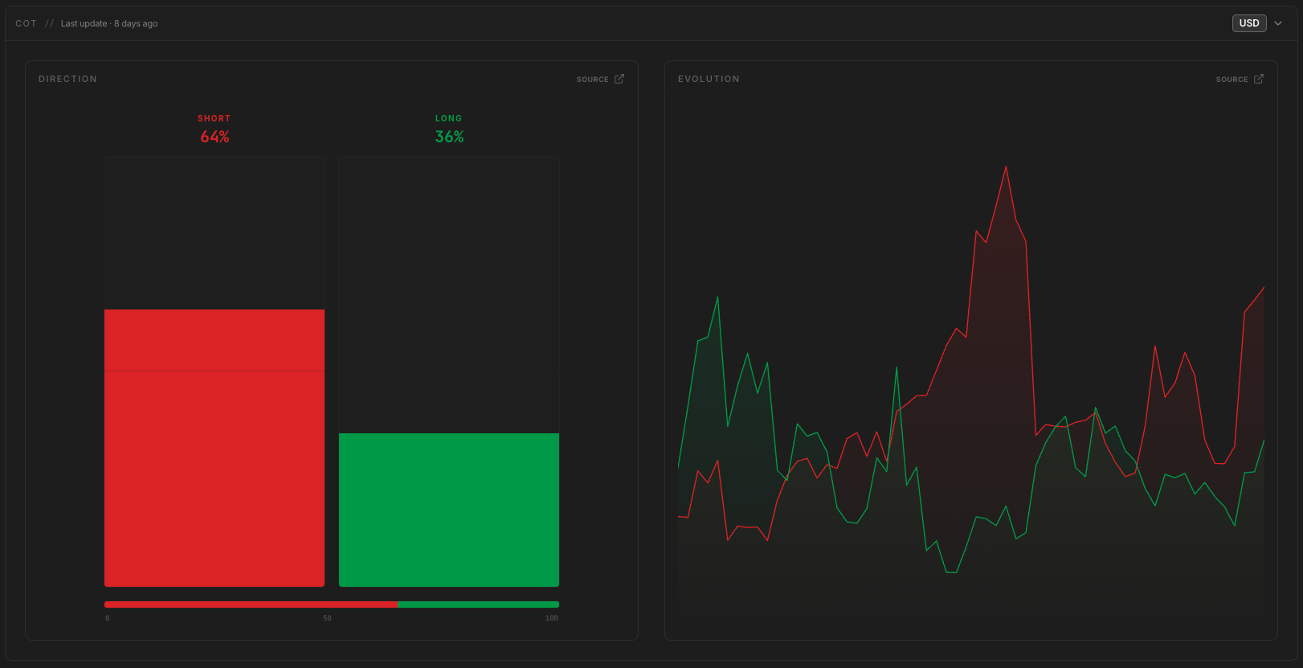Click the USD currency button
point(1249,23)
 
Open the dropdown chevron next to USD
point(1278,23)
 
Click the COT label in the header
point(27,23)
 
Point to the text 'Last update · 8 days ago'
point(109,23)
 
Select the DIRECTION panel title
point(68,79)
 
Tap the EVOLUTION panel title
point(709,79)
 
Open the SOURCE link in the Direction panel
point(600,79)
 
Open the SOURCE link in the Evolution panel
point(1240,79)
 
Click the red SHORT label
point(214,118)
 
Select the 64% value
point(214,137)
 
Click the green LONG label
point(448,118)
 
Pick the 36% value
point(449,137)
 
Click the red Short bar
point(214,448)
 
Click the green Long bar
point(449,510)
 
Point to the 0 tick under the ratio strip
point(107,618)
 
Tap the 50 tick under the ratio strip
point(328,618)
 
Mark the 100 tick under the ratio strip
point(551,618)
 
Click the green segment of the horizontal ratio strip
point(478,604)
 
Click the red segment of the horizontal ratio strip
point(251,604)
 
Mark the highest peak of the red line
point(1006,167)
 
